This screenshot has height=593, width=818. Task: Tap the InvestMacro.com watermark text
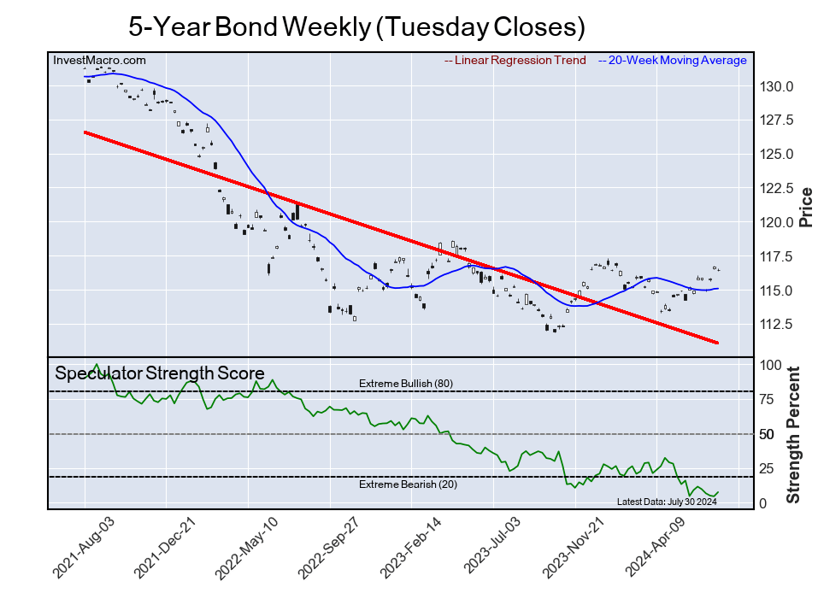pyautogui.click(x=99, y=60)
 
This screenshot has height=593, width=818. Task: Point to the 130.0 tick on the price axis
pyautogui.click(x=778, y=86)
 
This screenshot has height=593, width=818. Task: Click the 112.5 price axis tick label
pyautogui.click(x=778, y=325)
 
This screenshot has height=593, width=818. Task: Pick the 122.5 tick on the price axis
pyautogui.click(x=778, y=189)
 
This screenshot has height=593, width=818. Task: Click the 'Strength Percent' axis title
pyautogui.click(x=793, y=434)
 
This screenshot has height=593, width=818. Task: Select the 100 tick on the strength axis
pyautogui.click(x=771, y=365)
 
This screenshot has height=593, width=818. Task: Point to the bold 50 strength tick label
pyautogui.click(x=768, y=435)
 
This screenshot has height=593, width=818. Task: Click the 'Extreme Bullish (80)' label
pyautogui.click(x=405, y=384)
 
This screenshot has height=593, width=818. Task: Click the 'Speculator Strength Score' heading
pyautogui.click(x=159, y=373)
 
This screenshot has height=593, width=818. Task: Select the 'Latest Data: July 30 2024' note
pyautogui.click(x=666, y=502)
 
